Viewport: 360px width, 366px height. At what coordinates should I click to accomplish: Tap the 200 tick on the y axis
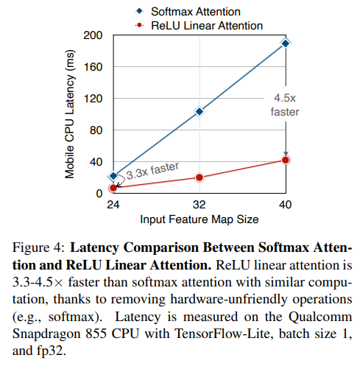[93, 35]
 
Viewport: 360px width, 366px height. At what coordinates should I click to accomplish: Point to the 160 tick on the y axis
[93, 67]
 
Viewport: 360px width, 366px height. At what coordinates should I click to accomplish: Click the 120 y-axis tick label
[93, 99]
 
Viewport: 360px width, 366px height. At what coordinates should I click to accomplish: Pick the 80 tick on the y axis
[96, 130]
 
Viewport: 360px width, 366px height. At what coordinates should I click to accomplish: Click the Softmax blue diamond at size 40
[286, 43]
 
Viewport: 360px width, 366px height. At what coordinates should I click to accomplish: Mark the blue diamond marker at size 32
[200, 111]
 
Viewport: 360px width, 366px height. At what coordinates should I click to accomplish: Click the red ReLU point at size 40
[286, 160]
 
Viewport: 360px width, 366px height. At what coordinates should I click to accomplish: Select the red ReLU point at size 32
[200, 177]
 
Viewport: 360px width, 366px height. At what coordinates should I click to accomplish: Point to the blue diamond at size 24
[113, 177]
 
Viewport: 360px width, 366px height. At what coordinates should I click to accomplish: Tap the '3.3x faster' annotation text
[153, 172]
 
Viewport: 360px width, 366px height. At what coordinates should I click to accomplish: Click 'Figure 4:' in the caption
[43, 247]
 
